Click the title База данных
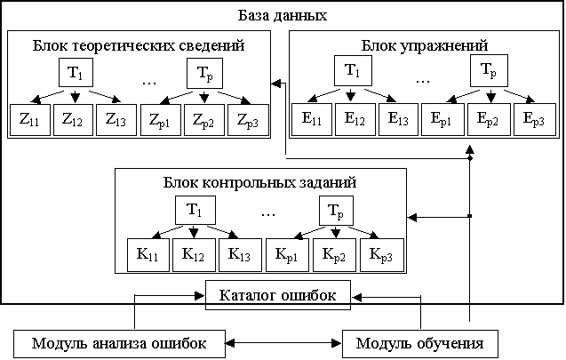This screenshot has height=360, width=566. coord(283,17)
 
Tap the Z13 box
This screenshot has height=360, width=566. coord(116,118)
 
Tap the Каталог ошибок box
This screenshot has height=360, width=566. coord(277,295)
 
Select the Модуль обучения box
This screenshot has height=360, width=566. coord(419,343)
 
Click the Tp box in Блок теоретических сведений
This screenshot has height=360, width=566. coord(205,71)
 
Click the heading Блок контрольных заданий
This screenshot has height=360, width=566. coord(260,183)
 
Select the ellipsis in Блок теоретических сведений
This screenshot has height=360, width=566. coord(150,78)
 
